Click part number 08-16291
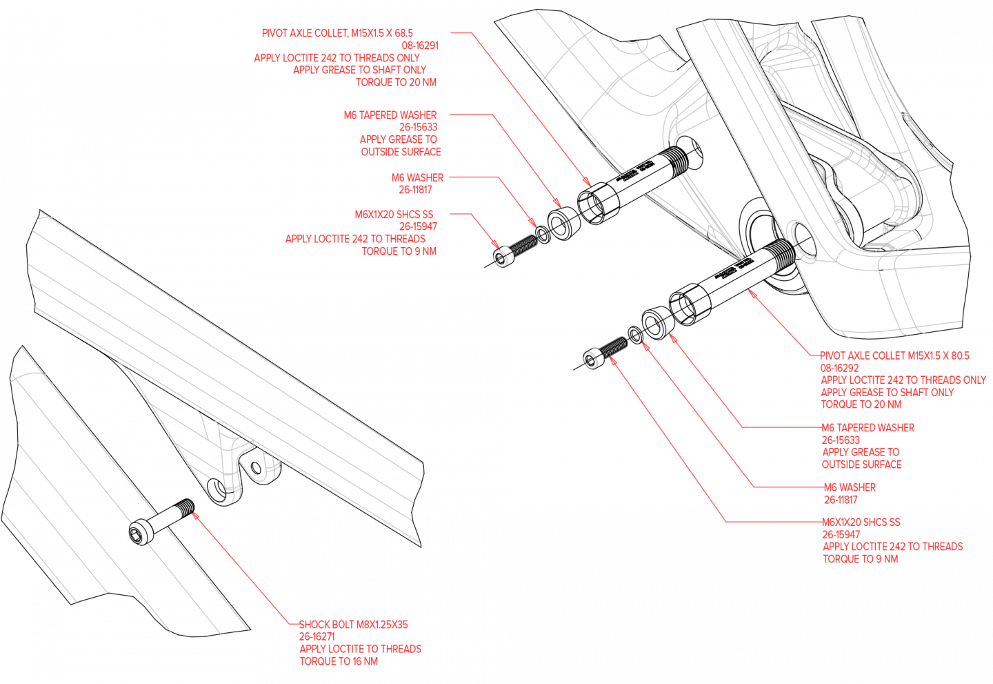click(x=420, y=46)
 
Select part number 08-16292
click(x=839, y=368)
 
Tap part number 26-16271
click(x=317, y=636)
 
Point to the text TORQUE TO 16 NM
click(x=338, y=661)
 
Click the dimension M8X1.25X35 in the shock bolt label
click(x=382, y=625)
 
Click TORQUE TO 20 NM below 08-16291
click(x=396, y=82)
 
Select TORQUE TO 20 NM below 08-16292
click(x=861, y=404)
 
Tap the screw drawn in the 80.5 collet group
click(x=605, y=351)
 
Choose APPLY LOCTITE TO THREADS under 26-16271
click(x=360, y=649)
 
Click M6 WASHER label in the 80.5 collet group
click(x=850, y=487)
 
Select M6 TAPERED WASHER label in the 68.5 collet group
click(x=390, y=115)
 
